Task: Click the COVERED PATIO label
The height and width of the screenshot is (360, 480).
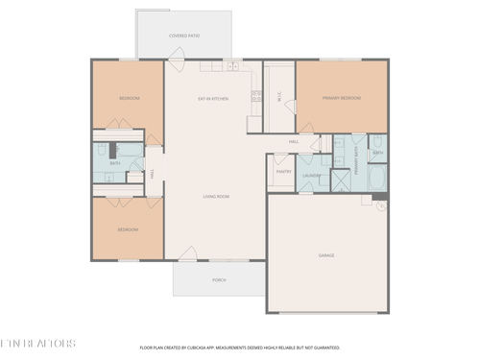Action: point(183,36)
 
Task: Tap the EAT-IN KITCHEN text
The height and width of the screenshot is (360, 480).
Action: point(212,98)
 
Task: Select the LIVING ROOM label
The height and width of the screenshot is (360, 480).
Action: point(215,197)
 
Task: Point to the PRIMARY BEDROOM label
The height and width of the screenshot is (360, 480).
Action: point(341,97)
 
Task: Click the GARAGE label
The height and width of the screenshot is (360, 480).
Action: point(326,255)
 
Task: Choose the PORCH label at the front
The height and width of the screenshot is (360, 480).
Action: point(218,280)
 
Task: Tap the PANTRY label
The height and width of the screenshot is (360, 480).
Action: point(283,172)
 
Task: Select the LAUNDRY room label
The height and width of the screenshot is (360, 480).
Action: point(311,176)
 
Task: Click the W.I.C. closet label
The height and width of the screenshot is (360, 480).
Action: point(278,96)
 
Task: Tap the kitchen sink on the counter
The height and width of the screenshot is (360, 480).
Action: point(231,67)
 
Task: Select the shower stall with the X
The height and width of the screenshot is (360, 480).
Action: point(341,180)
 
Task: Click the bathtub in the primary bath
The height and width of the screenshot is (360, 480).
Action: point(376,179)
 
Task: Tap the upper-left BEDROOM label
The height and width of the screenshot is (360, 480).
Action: point(129,98)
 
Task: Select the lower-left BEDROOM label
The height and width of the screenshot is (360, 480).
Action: point(127,229)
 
